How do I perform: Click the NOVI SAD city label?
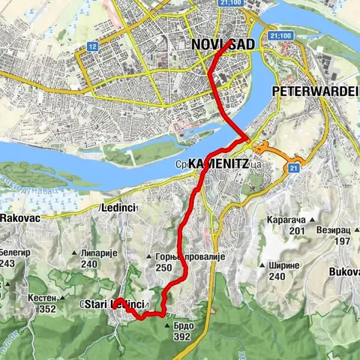[222, 45]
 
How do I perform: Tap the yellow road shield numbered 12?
[92, 46]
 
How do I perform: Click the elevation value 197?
[342, 241]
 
